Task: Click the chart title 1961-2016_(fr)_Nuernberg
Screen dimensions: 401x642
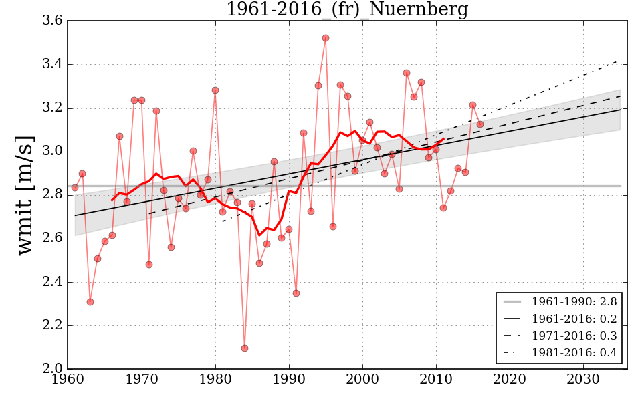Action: [346, 10]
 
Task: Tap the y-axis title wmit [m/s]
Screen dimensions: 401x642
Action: [25, 195]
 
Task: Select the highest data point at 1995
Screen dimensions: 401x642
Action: [326, 38]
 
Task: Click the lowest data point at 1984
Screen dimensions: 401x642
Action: [245, 348]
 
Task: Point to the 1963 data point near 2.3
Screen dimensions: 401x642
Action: [90, 302]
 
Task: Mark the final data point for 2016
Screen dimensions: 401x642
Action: [480, 124]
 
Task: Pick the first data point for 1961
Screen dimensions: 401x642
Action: [75, 188]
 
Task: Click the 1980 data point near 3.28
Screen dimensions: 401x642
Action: [215, 90]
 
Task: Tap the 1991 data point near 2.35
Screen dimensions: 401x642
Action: [296, 293]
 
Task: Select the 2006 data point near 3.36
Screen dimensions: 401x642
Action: [407, 73]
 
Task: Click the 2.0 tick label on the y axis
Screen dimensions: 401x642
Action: [54, 370]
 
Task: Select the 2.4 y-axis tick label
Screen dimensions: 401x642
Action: [54, 283]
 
